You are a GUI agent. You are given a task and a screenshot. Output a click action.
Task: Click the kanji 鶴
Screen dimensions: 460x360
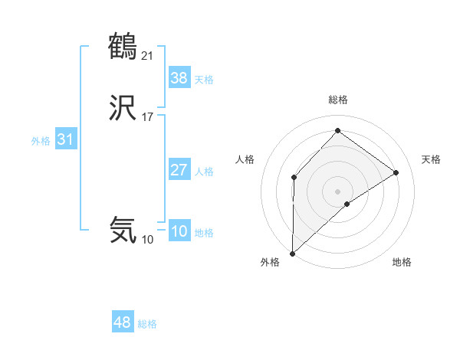click(123, 47)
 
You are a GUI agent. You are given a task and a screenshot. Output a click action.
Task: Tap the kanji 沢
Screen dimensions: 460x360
click(123, 110)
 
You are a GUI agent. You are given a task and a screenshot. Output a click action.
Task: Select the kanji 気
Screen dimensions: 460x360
click(123, 230)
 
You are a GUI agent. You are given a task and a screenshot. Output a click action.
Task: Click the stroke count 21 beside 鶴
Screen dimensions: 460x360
click(148, 54)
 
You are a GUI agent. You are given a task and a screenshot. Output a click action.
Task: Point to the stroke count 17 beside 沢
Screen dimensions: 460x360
click(148, 117)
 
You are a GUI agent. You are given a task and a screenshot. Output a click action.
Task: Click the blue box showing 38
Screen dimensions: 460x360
click(179, 77)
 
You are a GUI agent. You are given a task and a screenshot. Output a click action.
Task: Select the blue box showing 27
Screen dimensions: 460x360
click(179, 170)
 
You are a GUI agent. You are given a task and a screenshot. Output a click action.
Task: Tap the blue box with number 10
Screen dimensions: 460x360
click(179, 232)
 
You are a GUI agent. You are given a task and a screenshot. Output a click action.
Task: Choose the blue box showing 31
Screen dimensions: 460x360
click(65, 140)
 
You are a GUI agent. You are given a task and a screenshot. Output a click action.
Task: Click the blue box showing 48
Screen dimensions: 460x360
click(122, 322)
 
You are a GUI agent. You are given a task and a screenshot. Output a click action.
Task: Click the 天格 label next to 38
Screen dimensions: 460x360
click(204, 80)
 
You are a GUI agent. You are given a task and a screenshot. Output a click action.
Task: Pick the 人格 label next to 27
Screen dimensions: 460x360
click(204, 172)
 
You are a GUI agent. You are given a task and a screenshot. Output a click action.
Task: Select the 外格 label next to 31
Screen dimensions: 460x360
click(41, 141)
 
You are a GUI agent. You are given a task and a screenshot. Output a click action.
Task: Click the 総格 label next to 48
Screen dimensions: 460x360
click(147, 324)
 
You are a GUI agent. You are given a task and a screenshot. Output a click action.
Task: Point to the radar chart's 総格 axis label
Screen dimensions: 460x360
click(338, 100)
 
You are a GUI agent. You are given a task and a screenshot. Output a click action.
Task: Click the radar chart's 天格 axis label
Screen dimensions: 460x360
click(431, 159)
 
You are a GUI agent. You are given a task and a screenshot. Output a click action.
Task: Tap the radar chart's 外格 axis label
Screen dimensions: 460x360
click(269, 262)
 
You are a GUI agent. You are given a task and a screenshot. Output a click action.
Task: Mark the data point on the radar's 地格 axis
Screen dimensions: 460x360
click(347, 204)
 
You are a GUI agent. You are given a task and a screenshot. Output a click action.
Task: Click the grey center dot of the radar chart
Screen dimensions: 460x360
click(337, 191)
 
